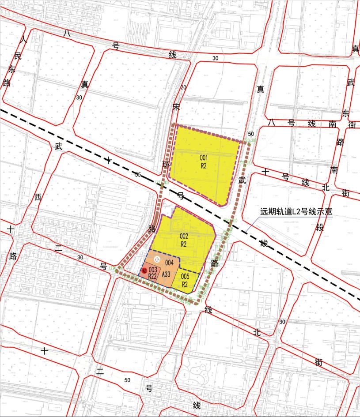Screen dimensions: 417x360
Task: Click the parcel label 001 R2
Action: click(204, 161)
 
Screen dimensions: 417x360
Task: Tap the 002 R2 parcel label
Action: click(184, 240)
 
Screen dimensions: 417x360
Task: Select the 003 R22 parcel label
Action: click(153, 273)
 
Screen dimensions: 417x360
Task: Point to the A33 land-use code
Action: click(166, 274)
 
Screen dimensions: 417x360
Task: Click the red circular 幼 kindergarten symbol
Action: click(144, 270)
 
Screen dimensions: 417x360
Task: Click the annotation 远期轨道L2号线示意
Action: click(296, 211)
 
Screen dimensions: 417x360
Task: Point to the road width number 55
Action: click(138, 175)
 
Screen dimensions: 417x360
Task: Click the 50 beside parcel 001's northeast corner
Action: click(251, 134)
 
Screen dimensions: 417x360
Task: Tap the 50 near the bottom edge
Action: click(128, 380)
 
